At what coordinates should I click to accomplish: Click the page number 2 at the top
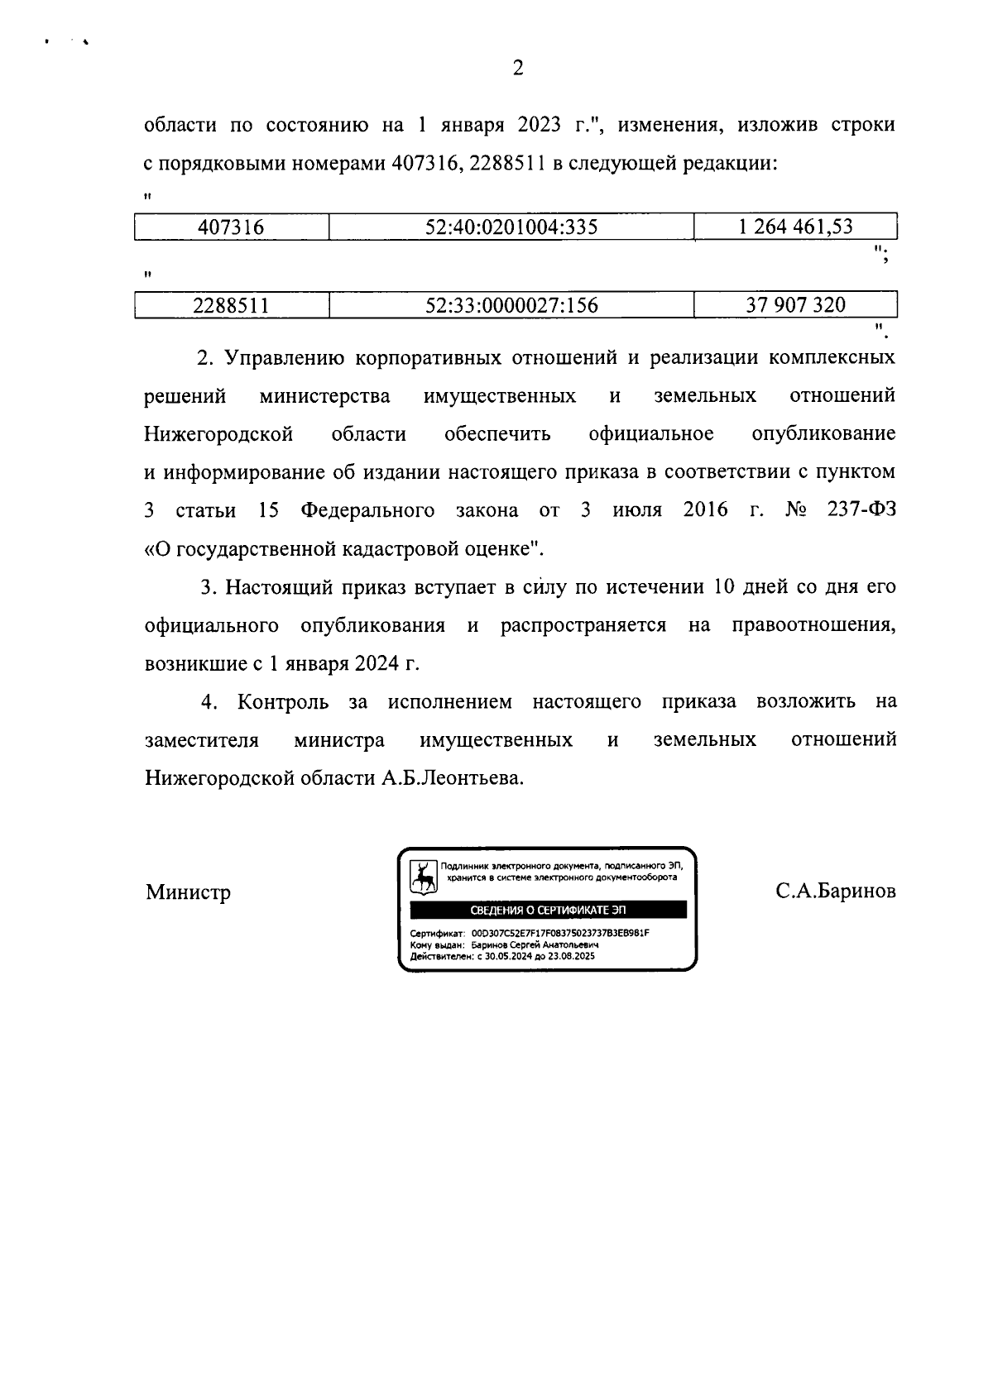[x=518, y=69]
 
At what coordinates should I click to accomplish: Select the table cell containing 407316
[x=231, y=227]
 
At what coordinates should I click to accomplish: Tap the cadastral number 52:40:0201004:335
[x=511, y=227]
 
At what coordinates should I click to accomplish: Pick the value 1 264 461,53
[x=795, y=227]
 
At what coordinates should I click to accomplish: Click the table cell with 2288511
[x=231, y=306]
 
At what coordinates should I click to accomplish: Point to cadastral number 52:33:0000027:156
[x=511, y=306]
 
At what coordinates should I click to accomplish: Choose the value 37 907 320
[x=795, y=306]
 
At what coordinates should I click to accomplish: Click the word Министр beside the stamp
[x=188, y=893]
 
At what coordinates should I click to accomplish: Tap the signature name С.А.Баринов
[x=836, y=893]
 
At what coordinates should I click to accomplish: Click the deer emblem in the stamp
[x=425, y=877]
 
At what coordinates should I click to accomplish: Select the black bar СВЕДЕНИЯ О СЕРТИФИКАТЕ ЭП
[x=548, y=911]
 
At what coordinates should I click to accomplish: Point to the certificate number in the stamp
[x=560, y=933]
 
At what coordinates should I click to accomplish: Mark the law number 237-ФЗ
[x=861, y=510]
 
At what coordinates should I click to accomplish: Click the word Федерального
[x=367, y=510]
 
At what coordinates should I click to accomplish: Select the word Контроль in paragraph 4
[x=283, y=702]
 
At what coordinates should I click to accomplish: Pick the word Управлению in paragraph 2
[x=283, y=358]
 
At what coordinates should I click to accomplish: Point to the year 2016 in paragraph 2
[x=706, y=510]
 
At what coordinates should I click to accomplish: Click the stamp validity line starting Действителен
[x=496, y=956]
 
